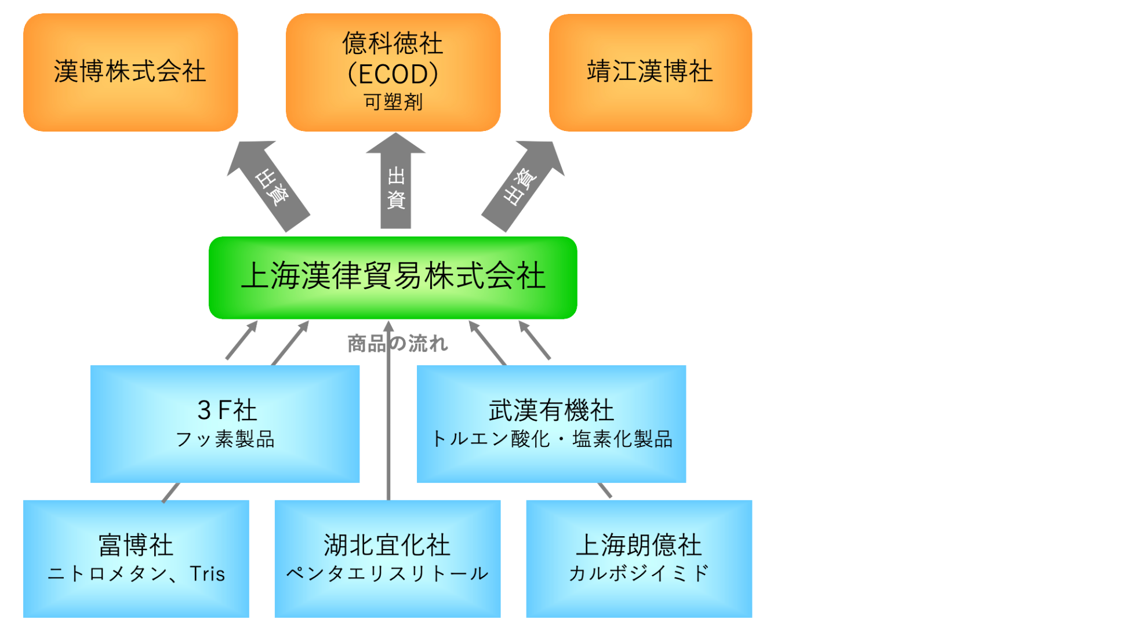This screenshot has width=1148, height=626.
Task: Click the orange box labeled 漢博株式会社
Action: [x=130, y=72]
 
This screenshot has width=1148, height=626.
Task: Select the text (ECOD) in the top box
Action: [x=393, y=74]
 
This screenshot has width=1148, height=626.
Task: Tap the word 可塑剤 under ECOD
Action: [x=393, y=102]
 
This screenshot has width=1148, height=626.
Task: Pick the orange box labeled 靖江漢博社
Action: [x=650, y=72]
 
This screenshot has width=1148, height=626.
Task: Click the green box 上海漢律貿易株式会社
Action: [x=393, y=276]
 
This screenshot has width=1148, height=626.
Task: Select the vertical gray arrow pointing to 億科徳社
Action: [x=395, y=183]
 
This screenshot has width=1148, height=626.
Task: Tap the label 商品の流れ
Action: [x=398, y=344]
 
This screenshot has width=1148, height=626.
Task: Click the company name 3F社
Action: [x=227, y=410]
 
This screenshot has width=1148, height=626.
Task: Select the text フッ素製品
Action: [x=225, y=439]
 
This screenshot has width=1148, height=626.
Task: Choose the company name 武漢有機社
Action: [x=551, y=410]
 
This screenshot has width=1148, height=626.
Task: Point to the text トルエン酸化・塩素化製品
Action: [x=551, y=439]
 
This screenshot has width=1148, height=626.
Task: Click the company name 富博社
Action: [x=136, y=545]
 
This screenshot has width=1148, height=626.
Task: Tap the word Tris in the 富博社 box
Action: [x=207, y=574]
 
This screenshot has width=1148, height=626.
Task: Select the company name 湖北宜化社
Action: [x=387, y=545]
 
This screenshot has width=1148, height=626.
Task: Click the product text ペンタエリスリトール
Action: [x=387, y=574]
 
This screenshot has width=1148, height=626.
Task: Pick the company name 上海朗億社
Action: [x=638, y=545]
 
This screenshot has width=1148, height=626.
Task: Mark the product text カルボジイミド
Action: [x=638, y=574]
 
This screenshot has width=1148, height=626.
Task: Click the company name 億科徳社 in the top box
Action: [x=393, y=43]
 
